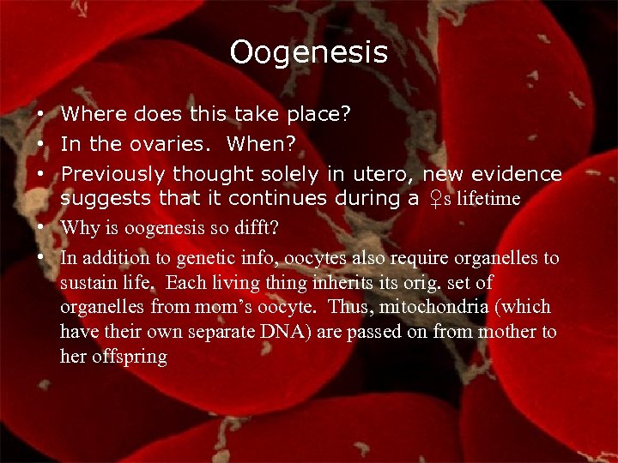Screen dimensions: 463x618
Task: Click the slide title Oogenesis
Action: (308, 53)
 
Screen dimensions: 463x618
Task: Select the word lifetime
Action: (488, 199)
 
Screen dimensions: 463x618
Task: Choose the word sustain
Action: (85, 283)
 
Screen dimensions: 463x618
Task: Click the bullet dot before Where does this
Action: (41, 114)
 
